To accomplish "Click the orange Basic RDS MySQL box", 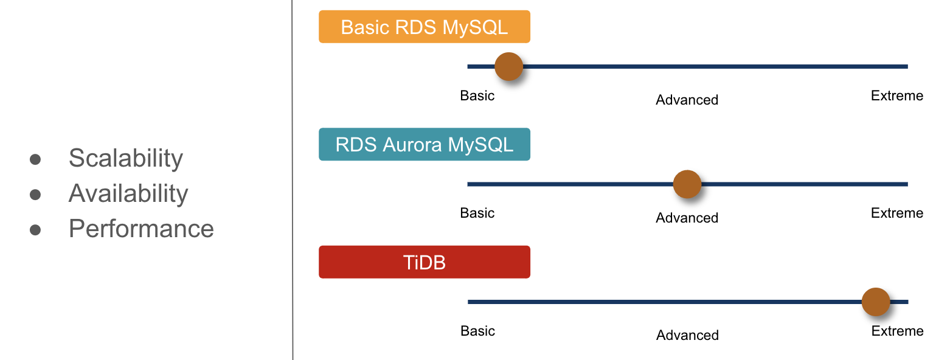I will pyautogui.click(x=424, y=27).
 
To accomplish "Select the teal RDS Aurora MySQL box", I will pyautogui.click(x=424, y=145).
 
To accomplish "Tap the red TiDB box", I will pyautogui.click(x=424, y=262).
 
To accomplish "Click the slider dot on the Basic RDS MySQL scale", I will pyautogui.click(x=508, y=66).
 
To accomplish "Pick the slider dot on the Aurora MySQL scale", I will pyautogui.click(x=687, y=184).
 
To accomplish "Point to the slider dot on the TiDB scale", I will pyautogui.click(x=876, y=302).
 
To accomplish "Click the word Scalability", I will pyautogui.click(x=125, y=158).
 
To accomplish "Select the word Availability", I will pyautogui.click(x=128, y=193).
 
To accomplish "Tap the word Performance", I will pyautogui.click(x=141, y=229).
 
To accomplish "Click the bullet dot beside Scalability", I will pyautogui.click(x=35, y=159).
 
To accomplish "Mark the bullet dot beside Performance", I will pyautogui.click(x=35, y=230).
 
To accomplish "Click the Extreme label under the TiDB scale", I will pyautogui.click(x=897, y=331).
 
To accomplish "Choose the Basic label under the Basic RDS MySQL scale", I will pyautogui.click(x=477, y=95).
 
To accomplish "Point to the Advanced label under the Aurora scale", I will pyautogui.click(x=687, y=218).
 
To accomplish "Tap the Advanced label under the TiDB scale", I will pyautogui.click(x=687, y=335).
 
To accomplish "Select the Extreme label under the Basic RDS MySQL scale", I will pyautogui.click(x=897, y=95).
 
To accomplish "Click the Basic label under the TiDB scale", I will pyautogui.click(x=478, y=331).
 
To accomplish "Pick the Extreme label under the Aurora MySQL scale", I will pyautogui.click(x=897, y=213).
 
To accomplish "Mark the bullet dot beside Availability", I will pyautogui.click(x=35, y=195).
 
